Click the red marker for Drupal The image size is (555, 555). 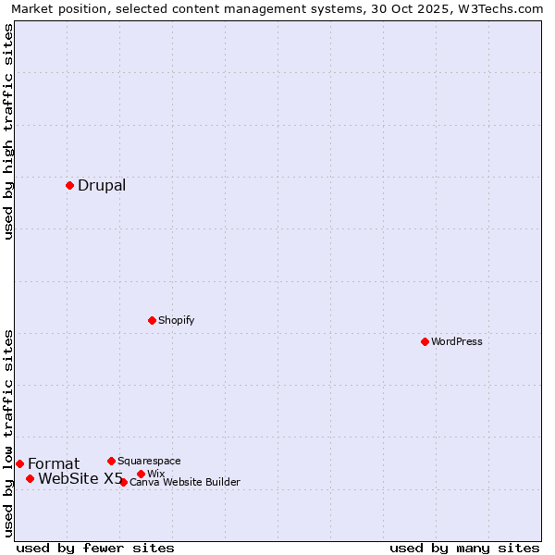[69, 185]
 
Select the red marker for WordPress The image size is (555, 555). [425, 341]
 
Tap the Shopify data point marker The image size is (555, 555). [152, 320]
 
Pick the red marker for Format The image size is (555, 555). [19, 463]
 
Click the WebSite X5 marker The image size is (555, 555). [30, 478]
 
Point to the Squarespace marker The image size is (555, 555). [111, 461]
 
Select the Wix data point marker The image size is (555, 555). [141, 474]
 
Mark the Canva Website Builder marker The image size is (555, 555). [123, 482]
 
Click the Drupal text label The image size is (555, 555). [102, 185]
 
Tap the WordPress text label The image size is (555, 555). [457, 341]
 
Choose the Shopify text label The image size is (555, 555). [176, 320]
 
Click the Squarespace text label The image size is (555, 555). [149, 461]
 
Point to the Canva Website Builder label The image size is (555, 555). [185, 482]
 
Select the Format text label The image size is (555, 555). [54, 463]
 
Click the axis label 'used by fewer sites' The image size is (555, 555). [95, 548]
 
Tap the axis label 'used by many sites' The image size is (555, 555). [464, 548]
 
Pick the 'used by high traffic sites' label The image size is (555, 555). [8, 131]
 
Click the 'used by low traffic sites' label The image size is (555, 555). [8, 433]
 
